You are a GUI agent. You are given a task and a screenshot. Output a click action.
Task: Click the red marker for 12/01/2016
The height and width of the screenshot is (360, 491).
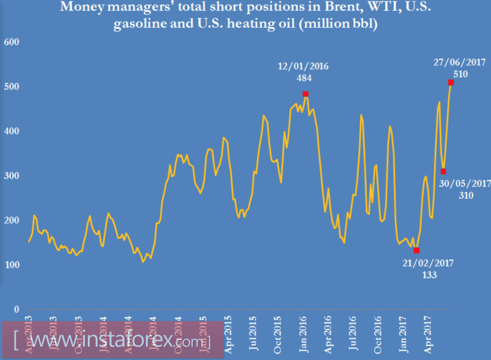pos(306,94)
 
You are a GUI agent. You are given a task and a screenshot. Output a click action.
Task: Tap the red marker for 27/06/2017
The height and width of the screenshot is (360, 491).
pos(451,83)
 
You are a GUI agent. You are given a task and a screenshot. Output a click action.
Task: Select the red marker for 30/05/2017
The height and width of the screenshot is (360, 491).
pos(444,172)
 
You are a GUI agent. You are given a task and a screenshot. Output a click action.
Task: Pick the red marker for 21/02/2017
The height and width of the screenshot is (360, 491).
pos(417,251)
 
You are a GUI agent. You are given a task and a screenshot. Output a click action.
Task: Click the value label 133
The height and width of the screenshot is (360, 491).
pos(428,275)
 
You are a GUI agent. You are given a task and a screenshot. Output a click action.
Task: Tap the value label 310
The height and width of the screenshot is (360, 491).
pos(466,196)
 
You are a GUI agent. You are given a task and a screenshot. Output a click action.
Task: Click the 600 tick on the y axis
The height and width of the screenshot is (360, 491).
pos(12,42)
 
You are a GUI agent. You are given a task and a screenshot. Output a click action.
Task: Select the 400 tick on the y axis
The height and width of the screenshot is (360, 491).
pos(12,131)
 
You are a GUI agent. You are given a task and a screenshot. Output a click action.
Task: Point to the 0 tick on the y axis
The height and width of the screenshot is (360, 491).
pos(16,310)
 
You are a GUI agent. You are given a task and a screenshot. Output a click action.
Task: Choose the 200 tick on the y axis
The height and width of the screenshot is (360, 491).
pos(12,221)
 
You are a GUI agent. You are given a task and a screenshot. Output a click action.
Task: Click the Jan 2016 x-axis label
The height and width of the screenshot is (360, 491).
pos(303,336)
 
